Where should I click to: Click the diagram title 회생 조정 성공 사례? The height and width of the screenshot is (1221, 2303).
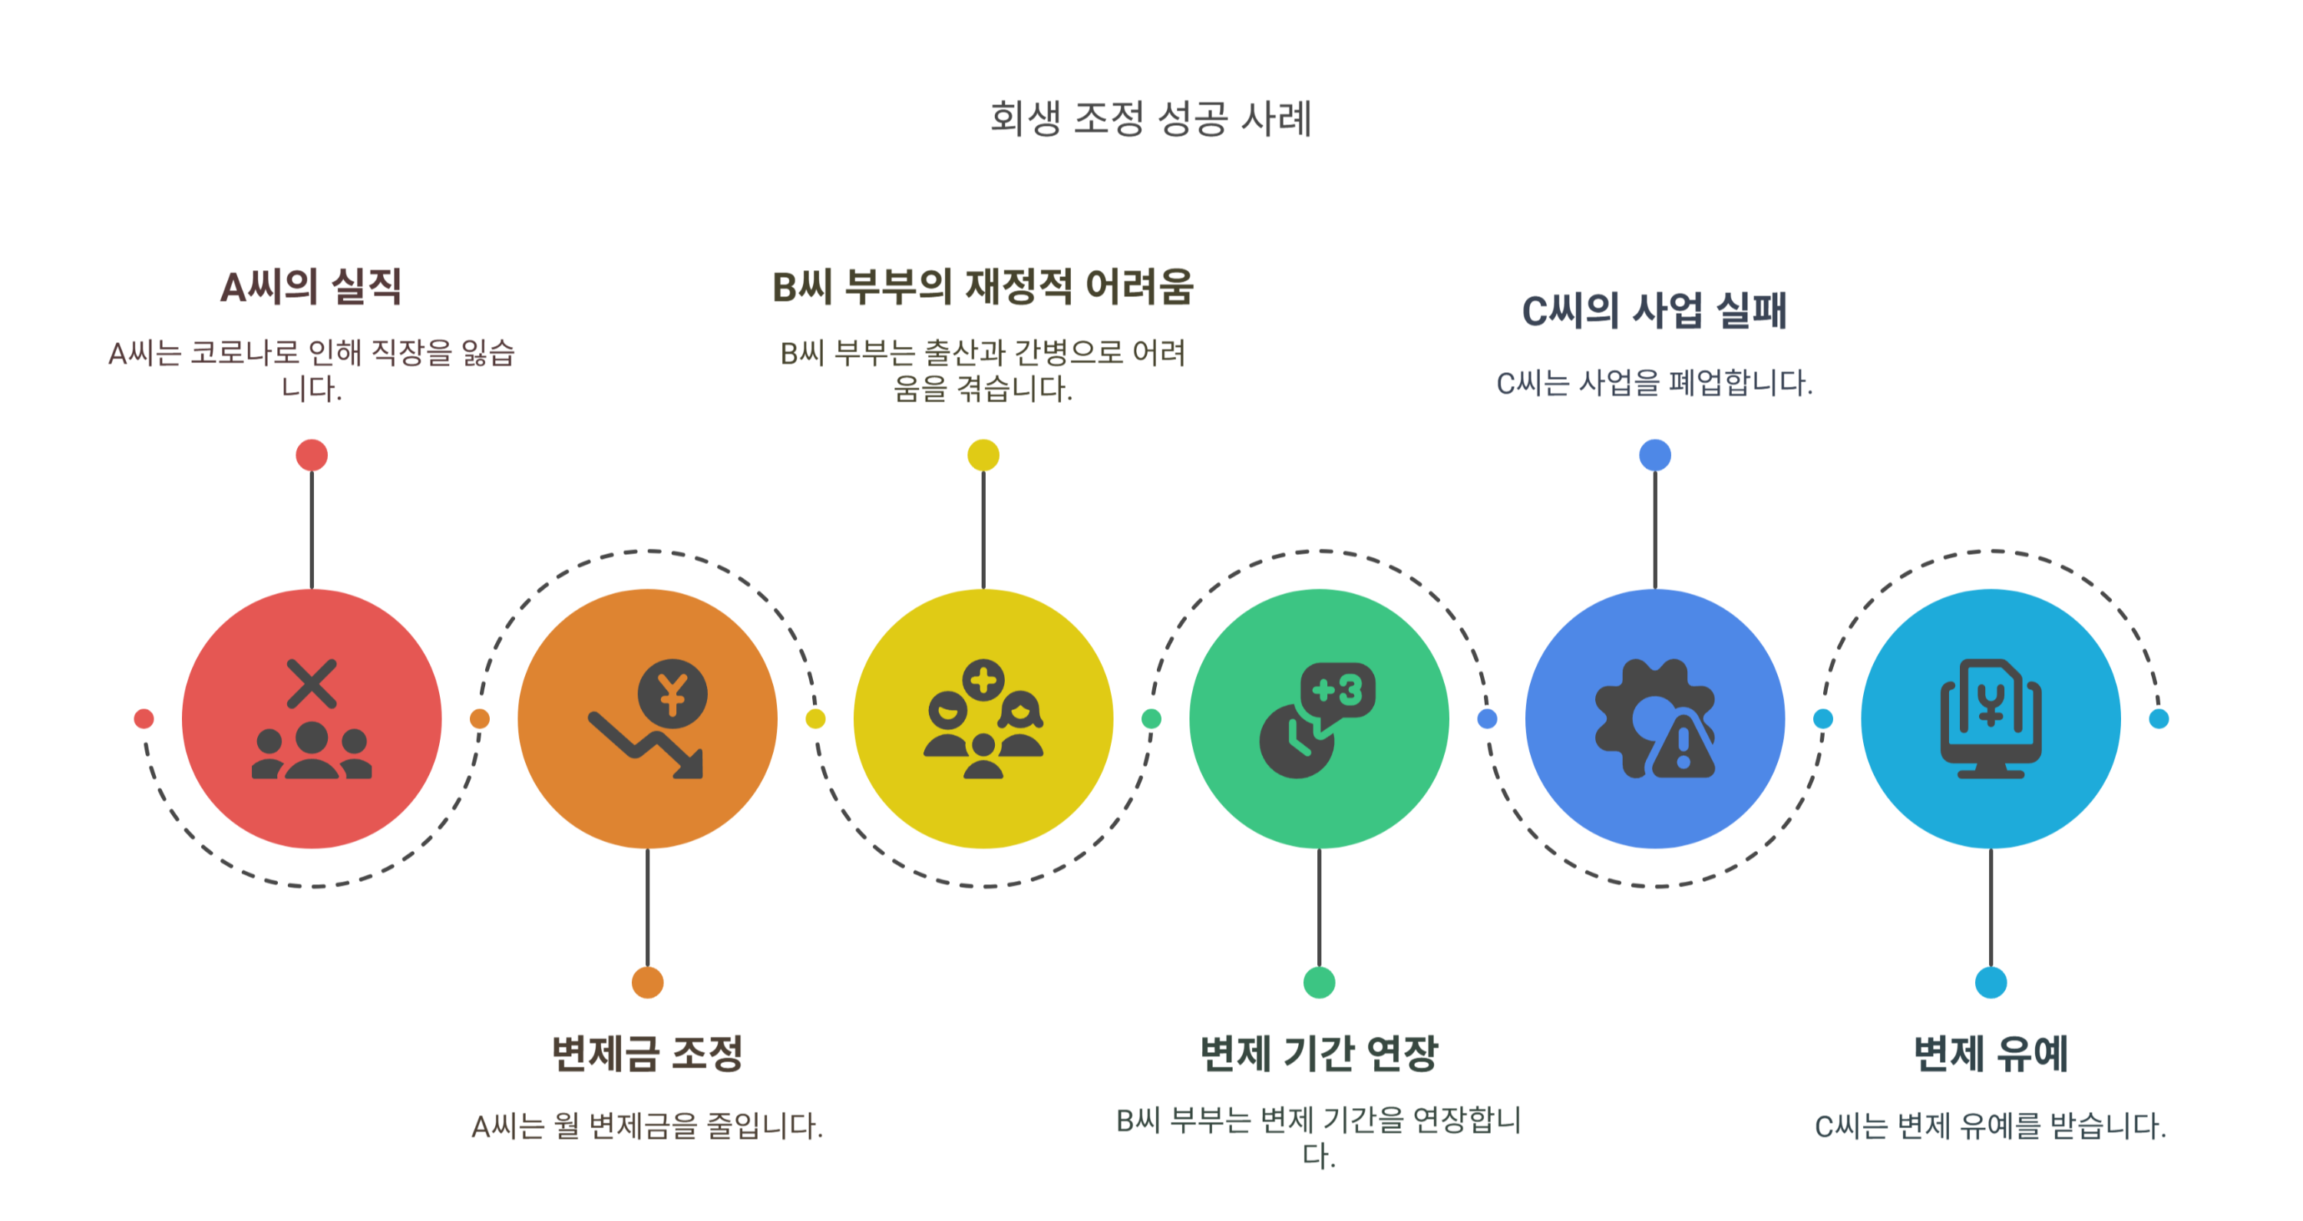coord(1151,119)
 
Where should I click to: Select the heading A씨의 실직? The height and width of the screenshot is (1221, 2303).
coord(311,287)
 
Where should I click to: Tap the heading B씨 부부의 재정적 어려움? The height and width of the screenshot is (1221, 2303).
coord(983,287)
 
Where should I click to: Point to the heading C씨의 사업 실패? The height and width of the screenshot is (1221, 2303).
coord(1654,311)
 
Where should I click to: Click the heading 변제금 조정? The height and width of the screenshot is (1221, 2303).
coord(647,1053)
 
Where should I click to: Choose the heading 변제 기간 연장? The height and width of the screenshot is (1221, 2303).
coord(1319,1053)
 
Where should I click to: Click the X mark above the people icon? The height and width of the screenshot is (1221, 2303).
coord(311,684)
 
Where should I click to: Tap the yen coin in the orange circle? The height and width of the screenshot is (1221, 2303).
coord(672,694)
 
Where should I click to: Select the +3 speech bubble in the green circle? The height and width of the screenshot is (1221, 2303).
coord(1337,690)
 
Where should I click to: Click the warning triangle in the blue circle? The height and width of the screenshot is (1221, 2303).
coord(1683,747)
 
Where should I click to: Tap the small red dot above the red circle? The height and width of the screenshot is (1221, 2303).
coord(311,455)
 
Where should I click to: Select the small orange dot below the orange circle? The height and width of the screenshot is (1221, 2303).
coord(647,982)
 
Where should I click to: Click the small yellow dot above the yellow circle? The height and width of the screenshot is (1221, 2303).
coord(983,455)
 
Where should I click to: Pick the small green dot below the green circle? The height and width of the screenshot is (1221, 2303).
coord(1319,982)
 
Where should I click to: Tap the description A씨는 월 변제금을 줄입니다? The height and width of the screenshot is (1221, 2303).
coord(647,1125)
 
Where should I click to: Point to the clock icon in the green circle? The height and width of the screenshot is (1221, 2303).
coord(1294,742)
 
